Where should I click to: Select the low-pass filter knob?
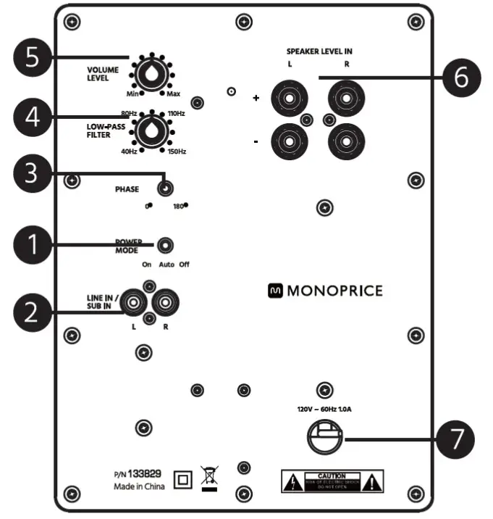(x=151, y=130)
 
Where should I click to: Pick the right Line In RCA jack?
(x=164, y=299)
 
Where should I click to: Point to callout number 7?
(x=455, y=438)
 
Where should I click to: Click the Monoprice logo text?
(x=325, y=291)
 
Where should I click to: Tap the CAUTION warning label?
(x=332, y=480)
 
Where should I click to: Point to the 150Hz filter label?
(x=177, y=151)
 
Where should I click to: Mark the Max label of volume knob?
(x=174, y=95)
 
